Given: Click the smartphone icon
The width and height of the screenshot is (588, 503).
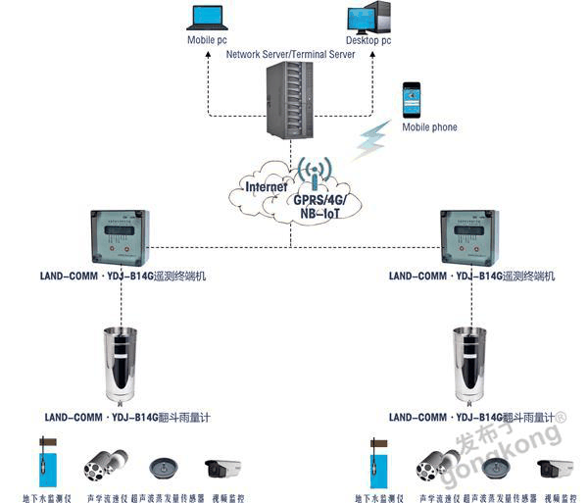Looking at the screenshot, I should [412, 100].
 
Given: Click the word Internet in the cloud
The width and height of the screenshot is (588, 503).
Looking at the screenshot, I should [266, 185].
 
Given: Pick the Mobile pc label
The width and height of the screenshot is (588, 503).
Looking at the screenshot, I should [207, 41].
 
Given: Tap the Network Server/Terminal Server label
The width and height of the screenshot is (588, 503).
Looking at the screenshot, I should [290, 55].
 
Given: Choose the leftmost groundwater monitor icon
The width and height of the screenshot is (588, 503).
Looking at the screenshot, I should [46, 461].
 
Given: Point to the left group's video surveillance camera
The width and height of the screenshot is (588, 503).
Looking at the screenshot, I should [222, 467].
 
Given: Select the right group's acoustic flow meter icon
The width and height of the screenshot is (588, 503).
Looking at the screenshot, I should [435, 463].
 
